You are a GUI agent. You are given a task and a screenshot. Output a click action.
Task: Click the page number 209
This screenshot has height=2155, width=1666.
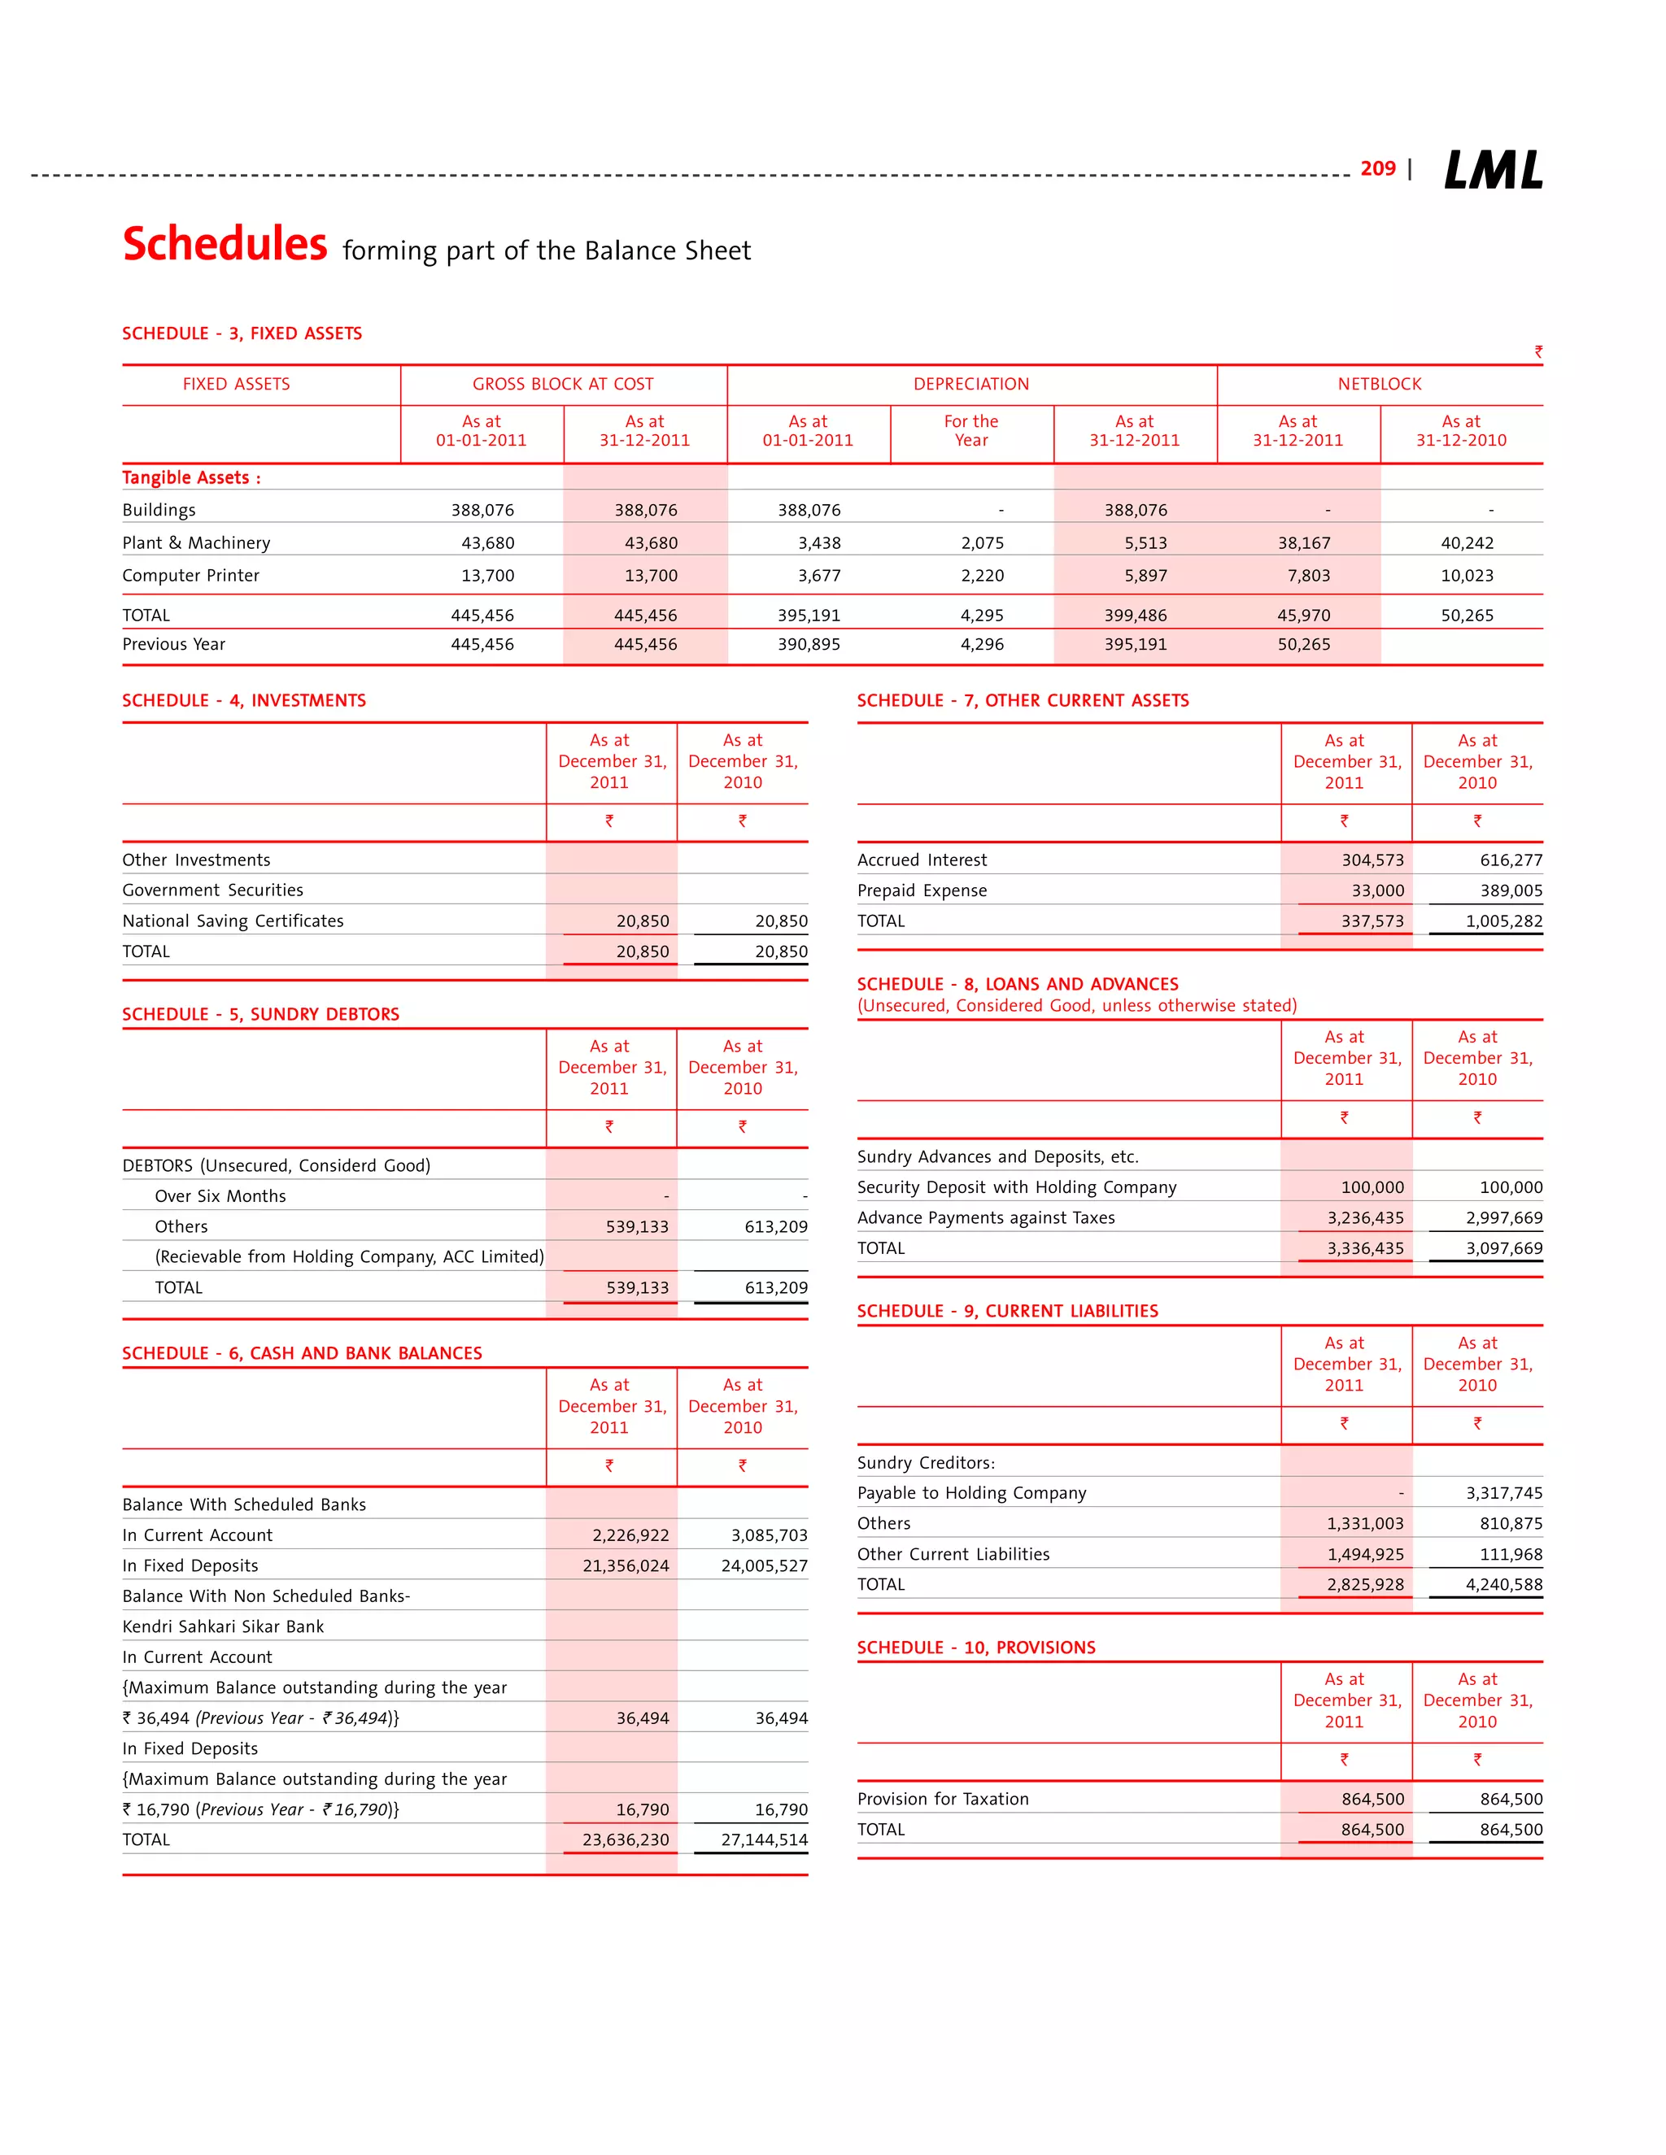point(1377,168)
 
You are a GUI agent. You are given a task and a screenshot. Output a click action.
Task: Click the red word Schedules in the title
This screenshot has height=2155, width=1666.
point(225,244)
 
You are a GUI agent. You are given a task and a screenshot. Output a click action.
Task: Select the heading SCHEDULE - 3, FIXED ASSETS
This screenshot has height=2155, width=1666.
point(242,333)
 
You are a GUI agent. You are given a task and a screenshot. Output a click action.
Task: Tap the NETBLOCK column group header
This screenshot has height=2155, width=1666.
point(1379,384)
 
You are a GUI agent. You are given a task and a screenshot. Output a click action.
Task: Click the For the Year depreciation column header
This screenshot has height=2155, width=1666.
point(971,431)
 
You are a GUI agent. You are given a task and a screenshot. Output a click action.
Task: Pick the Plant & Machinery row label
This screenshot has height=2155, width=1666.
point(196,542)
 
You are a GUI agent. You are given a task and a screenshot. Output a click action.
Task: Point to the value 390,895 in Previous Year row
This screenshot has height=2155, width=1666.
point(809,644)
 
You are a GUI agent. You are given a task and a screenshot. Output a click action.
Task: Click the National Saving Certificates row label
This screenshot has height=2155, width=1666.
point(233,921)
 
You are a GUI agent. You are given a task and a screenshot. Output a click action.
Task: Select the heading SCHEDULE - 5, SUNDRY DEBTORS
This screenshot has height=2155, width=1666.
point(260,1014)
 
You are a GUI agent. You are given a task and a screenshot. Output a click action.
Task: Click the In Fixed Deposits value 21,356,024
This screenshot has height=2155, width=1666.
point(625,1566)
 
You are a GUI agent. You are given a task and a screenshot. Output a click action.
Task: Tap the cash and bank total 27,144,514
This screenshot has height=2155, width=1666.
point(764,1840)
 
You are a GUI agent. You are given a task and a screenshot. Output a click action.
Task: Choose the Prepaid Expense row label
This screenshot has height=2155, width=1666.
point(922,891)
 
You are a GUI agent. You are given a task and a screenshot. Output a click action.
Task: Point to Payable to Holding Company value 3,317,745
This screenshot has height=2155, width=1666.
point(1503,1494)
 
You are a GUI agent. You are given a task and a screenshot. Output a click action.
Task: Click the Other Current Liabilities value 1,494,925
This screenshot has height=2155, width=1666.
point(1365,1555)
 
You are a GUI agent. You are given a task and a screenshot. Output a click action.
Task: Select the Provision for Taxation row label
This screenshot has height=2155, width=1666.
point(943,1800)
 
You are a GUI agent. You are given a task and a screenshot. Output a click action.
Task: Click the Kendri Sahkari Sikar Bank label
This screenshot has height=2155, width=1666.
point(223,1627)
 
